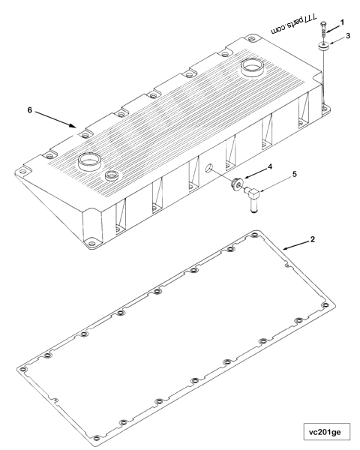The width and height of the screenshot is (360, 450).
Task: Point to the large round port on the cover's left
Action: [x=91, y=160]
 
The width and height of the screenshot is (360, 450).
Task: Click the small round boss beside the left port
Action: [x=113, y=175]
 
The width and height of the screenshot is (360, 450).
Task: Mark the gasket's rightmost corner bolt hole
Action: [x=324, y=306]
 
